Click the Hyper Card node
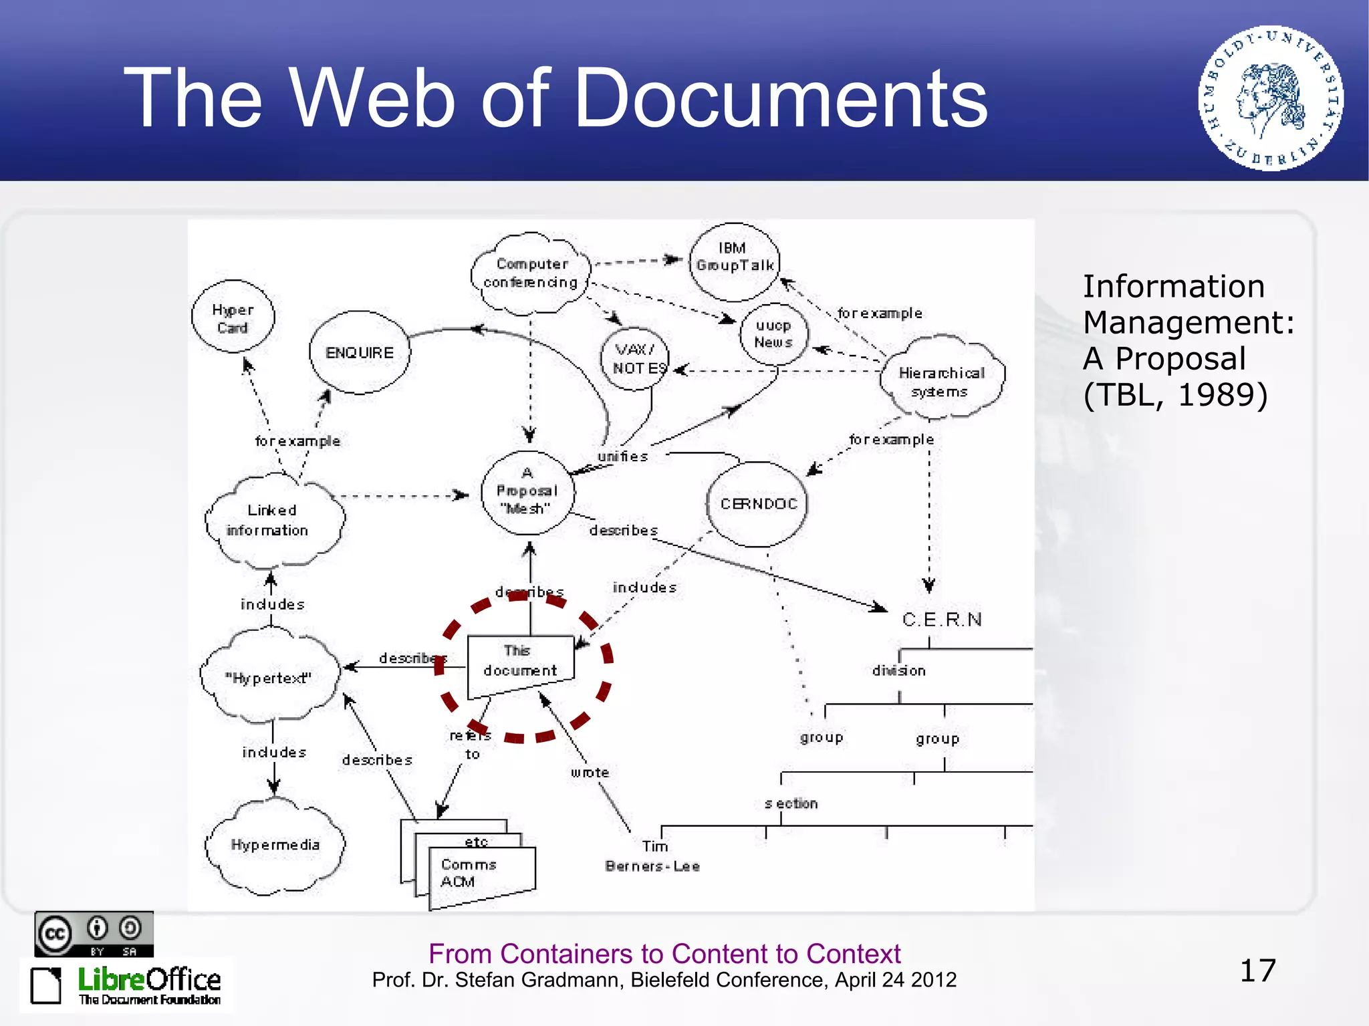pos(233,318)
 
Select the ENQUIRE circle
pos(360,352)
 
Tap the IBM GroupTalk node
pos(734,261)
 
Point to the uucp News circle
pos(773,334)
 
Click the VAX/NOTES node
pos(636,358)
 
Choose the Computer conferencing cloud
pos(531,273)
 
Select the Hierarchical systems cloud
pos(941,381)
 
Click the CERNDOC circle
pos(758,503)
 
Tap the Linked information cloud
pos(271,519)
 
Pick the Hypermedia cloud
pos(275,845)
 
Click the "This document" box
pos(520,662)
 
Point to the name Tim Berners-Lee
pos(652,856)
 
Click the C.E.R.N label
pos(942,620)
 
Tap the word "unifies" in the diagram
pos(622,457)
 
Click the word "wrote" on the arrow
pos(590,773)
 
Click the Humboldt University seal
pos(1270,99)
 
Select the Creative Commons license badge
pos(94,933)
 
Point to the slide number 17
pos(1257,971)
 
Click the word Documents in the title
pos(780,98)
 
